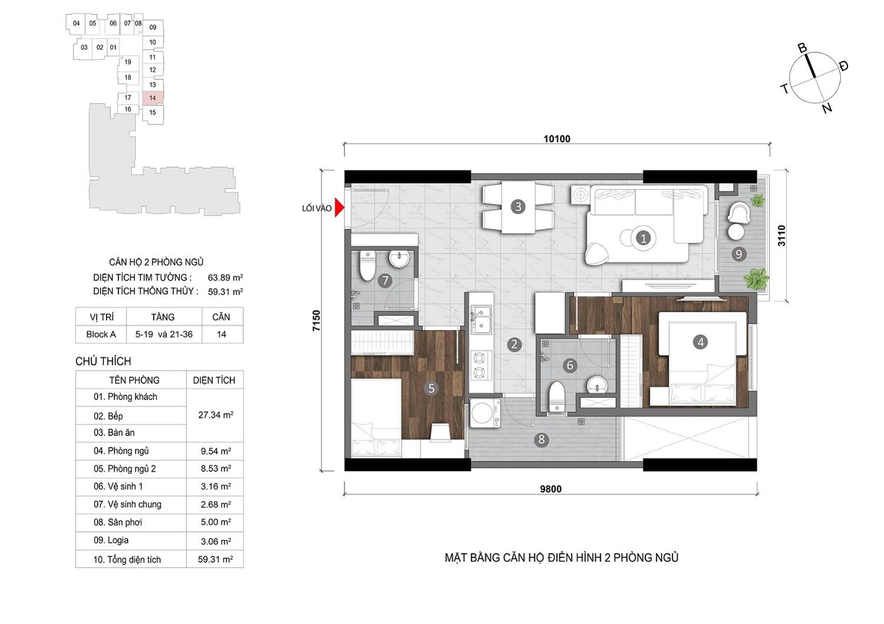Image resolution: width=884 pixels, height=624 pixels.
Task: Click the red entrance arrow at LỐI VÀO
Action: click(339, 207)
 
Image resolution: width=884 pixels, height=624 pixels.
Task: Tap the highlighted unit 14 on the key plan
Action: click(153, 98)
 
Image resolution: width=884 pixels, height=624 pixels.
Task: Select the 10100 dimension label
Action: click(557, 138)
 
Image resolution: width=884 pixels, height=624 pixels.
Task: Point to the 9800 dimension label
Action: click(551, 489)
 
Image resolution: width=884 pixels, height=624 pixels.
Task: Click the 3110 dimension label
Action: click(782, 236)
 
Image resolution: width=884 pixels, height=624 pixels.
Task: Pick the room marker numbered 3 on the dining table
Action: click(518, 206)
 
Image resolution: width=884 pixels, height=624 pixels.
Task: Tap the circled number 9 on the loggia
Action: click(739, 254)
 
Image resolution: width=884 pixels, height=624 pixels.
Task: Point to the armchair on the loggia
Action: click(739, 213)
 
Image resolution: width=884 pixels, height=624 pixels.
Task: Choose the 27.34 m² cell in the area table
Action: click(216, 415)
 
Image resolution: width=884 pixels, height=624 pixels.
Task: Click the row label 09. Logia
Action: click(111, 540)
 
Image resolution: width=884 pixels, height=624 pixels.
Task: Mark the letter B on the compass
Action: click(802, 48)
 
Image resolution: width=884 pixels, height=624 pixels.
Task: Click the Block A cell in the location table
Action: click(101, 335)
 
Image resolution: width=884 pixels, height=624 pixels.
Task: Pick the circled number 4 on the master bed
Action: click(700, 342)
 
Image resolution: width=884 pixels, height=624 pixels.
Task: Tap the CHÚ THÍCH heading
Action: click(103, 361)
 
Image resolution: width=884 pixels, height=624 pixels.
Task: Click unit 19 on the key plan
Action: click(128, 62)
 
